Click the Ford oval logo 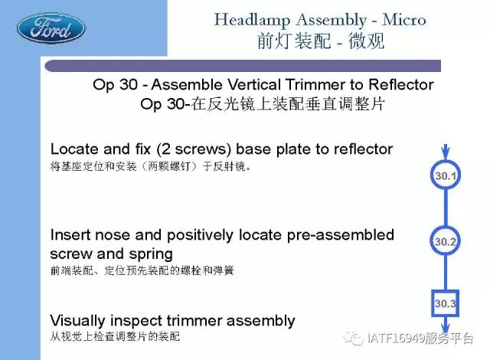pos(51,28)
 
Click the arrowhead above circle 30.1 pos(446,153)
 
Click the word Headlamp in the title pos(252,21)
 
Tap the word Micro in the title pos(404,20)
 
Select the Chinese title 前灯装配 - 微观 pos(321,41)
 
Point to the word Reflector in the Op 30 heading pos(401,85)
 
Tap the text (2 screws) pos(194,149)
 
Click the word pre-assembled pos(340,236)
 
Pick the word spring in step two pos(151,255)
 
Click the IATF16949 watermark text pos(420,339)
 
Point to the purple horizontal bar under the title pos(243,66)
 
